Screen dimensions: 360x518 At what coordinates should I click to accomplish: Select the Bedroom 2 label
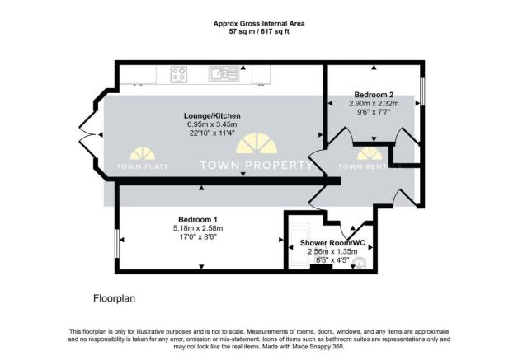coord(374,95)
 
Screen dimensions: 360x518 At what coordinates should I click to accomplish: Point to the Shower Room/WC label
coord(327,243)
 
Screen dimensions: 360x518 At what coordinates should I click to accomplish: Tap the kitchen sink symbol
coord(219,75)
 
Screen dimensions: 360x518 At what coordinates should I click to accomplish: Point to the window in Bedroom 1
coord(116,243)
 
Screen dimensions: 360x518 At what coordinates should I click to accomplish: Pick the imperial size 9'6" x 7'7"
coord(374,113)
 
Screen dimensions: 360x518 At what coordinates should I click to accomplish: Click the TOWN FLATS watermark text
coord(141,166)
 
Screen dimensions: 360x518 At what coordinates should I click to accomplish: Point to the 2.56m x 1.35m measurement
coord(327,252)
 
